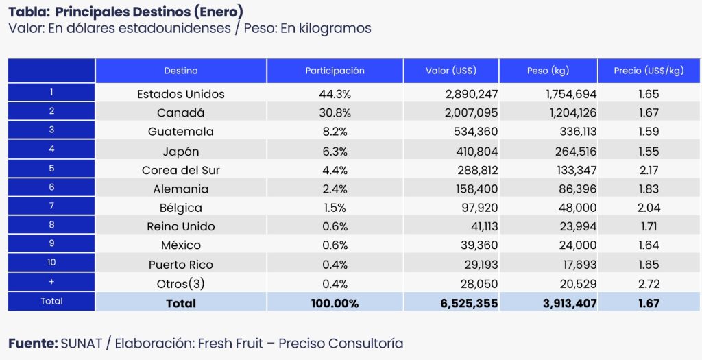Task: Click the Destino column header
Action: pyautogui.click(x=180, y=71)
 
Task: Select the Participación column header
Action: pyautogui.click(x=335, y=71)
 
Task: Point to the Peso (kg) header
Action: pyautogui.click(x=548, y=71)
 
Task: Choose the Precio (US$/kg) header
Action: pyautogui.click(x=648, y=71)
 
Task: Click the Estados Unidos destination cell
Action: pyautogui.click(x=180, y=94)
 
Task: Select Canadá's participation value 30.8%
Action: pyautogui.click(x=335, y=112)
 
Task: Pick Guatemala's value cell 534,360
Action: pyautogui.click(x=472, y=132)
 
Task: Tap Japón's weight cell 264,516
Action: pyautogui.click(x=570, y=151)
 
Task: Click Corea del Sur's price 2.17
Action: pyautogui.click(x=648, y=169)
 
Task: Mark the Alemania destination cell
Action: pyautogui.click(x=180, y=189)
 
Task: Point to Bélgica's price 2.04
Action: pyautogui.click(x=648, y=208)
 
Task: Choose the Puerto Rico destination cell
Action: pyautogui.click(x=180, y=265)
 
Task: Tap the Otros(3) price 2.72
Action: pyautogui.click(x=648, y=283)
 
